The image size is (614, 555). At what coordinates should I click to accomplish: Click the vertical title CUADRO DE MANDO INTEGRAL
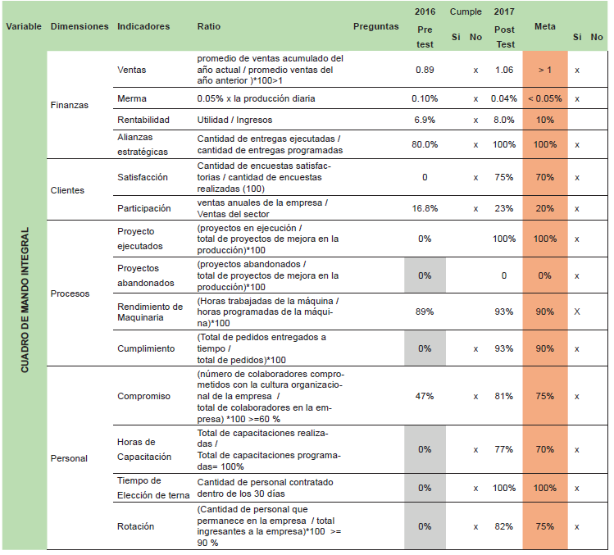point(25,300)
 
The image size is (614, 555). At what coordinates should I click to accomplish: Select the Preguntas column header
point(376,26)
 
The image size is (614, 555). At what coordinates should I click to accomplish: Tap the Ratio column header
point(209,26)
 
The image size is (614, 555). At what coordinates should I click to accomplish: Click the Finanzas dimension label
point(70,105)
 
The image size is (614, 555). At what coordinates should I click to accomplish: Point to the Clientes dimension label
point(67,190)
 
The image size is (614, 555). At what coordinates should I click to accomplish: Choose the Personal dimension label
point(69,458)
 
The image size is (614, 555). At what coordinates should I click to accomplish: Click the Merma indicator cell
point(132,98)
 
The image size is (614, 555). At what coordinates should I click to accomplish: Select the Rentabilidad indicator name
point(143,120)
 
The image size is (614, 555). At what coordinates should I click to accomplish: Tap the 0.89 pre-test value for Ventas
point(425,70)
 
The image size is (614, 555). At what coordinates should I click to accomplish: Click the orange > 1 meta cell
point(544,70)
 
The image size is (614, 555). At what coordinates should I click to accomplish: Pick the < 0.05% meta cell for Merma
point(544,98)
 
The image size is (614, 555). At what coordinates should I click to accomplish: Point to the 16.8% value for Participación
point(425,208)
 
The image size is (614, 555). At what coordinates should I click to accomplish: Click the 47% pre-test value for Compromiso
point(425,397)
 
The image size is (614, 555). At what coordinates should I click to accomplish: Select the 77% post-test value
point(504,449)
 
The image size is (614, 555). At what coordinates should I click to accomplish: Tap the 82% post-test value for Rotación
point(504,526)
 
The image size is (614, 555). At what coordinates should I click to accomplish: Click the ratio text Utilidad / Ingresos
point(234,120)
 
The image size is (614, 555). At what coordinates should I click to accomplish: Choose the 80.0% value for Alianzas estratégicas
point(425,144)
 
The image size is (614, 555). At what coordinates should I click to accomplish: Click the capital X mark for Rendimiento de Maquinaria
point(577,312)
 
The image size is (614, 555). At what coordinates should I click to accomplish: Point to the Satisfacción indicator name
point(143,177)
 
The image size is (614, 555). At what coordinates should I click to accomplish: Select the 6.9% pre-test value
point(425,120)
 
